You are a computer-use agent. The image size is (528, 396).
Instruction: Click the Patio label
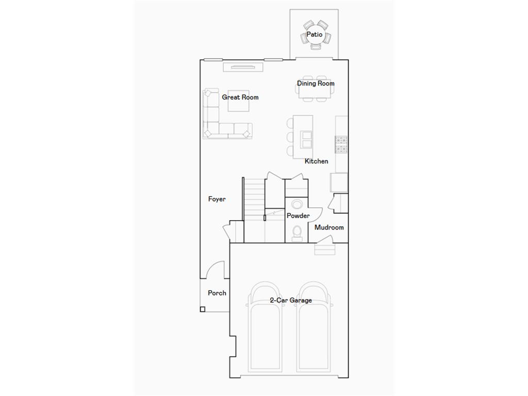pyautogui.click(x=314, y=35)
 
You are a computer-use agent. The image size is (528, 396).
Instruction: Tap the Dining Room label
pyautogui.click(x=316, y=83)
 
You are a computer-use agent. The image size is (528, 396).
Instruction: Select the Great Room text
pyautogui.click(x=240, y=97)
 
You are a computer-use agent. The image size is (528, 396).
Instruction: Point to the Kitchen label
pyautogui.click(x=316, y=161)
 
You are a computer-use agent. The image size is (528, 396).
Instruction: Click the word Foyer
pyautogui.click(x=217, y=199)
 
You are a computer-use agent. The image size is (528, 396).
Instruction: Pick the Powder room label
pyautogui.click(x=298, y=216)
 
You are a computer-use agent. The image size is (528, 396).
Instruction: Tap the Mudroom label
pyautogui.click(x=329, y=227)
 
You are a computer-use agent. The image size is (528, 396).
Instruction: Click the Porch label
pyautogui.click(x=217, y=293)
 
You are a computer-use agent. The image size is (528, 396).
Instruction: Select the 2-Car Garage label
pyautogui.click(x=291, y=300)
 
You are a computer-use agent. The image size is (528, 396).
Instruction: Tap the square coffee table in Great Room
pyautogui.click(x=240, y=104)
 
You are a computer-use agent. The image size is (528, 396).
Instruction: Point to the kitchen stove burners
pyautogui.click(x=341, y=144)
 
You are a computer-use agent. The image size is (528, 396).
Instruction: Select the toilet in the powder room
pyautogui.click(x=297, y=234)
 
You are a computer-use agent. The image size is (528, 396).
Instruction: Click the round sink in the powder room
pyautogui.click(x=296, y=202)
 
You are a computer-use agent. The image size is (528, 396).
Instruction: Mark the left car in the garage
pyautogui.click(x=266, y=330)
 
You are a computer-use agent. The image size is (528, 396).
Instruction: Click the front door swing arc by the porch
pyautogui.click(x=217, y=268)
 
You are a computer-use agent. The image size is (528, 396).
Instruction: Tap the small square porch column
pyautogui.click(x=203, y=309)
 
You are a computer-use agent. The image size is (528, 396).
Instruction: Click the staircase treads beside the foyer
pyautogui.click(x=253, y=199)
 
